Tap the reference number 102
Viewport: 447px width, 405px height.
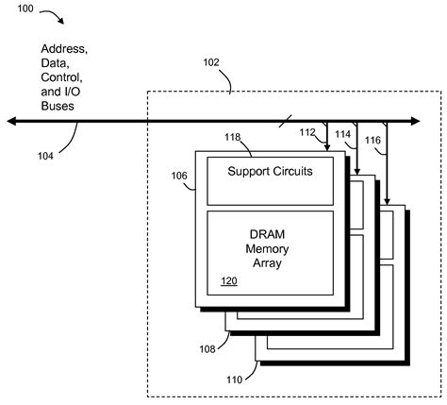(213, 63)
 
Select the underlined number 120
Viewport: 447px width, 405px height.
(229, 281)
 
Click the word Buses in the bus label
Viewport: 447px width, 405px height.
(58, 108)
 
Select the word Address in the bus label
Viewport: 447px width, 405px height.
(64, 47)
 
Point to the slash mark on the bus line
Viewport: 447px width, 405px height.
(282, 120)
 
